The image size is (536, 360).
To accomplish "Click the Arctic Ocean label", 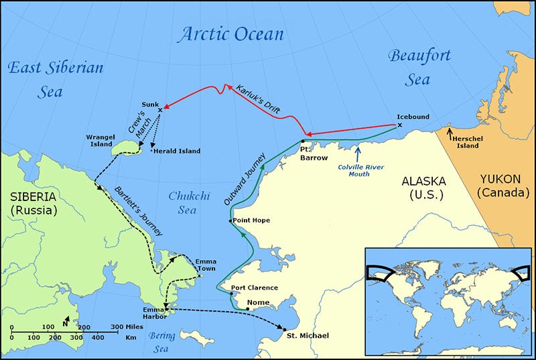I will click(230, 34).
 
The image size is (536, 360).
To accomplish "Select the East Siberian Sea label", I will click(55, 79).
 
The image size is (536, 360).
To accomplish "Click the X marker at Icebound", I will click(400, 125).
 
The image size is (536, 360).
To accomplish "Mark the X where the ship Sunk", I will click(159, 111).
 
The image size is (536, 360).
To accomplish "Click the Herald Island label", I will click(178, 152).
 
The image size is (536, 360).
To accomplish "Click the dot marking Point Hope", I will click(230, 221).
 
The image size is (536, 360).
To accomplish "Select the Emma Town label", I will click(206, 265).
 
